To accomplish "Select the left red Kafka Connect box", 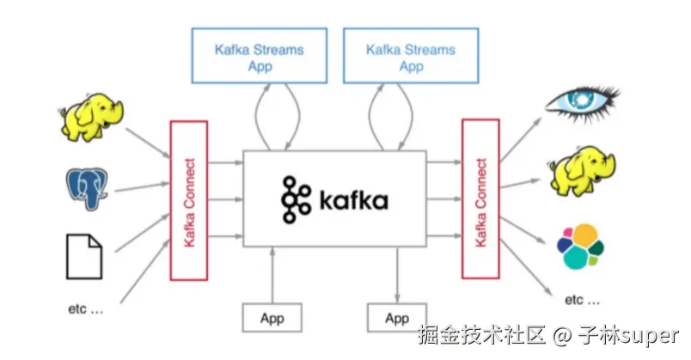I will coord(189,199).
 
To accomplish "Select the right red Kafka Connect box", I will coord(481,199).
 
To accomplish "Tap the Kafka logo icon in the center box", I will coord(296,199).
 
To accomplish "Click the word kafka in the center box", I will coord(352,201).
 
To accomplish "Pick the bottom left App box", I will coord(272,318).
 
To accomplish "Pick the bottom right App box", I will coord(397,318).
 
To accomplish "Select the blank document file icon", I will coord(85,255).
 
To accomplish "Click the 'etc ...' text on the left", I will coord(85,308).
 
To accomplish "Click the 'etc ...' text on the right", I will coord(583,300).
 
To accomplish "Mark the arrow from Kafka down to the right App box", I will coord(397,275).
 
